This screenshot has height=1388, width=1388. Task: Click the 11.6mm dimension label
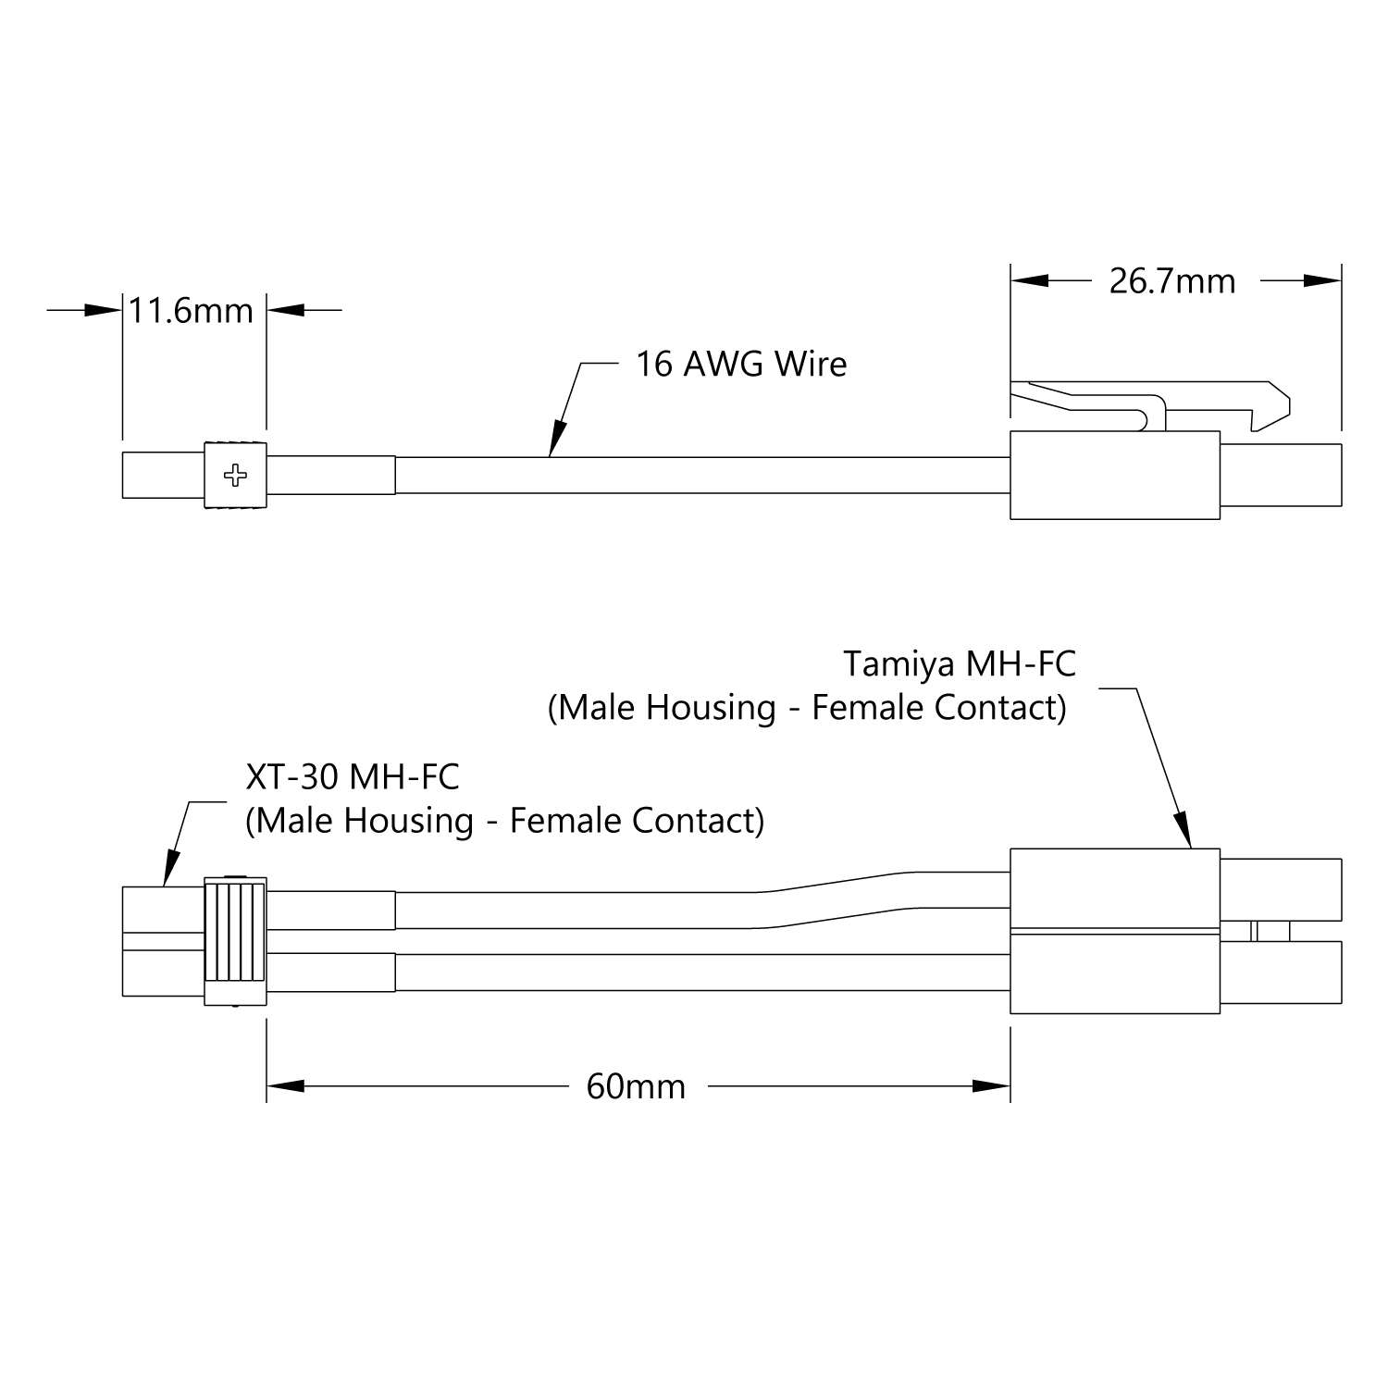(191, 311)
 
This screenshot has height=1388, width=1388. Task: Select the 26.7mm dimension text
(1172, 281)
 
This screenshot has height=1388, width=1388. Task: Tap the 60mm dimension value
(637, 1086)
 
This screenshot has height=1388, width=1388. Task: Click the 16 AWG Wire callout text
(741, 364)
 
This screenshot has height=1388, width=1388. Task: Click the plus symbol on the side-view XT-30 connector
(237, 476)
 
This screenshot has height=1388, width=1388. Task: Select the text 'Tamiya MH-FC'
(960, 663)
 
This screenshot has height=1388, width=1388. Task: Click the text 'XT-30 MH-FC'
(353, 777)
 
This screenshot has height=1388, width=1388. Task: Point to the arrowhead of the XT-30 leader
(169, 870)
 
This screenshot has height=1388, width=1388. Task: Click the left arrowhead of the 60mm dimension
(285, 1086)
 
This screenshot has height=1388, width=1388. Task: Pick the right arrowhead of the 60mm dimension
(992, 1086)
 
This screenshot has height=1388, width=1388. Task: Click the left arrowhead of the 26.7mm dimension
(1029, 279)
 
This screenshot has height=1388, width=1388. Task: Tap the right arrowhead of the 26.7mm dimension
(1323, 279)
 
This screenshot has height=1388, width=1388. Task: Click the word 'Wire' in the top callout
(811, 364)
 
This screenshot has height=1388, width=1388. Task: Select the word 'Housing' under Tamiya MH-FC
(711, 709)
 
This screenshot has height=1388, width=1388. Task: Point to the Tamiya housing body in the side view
(1115, 476)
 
